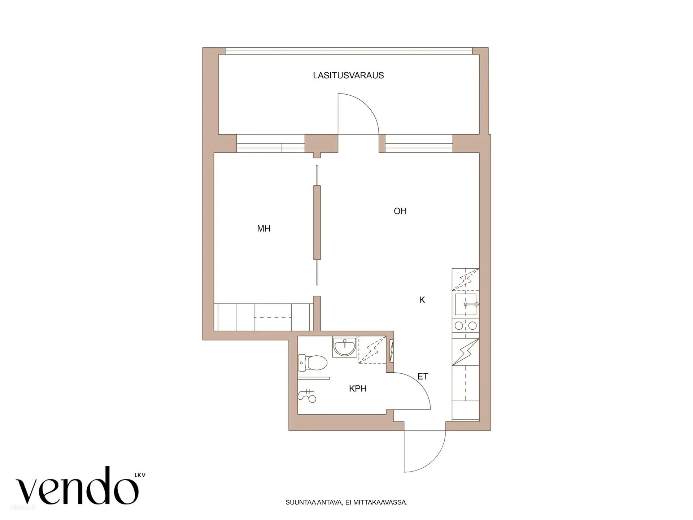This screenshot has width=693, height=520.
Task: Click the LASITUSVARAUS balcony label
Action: pos(348,75)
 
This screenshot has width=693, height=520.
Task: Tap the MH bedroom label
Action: pos(264,229)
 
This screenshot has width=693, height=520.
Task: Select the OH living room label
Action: pos(400,211)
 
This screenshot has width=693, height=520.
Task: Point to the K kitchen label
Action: pos(422,300)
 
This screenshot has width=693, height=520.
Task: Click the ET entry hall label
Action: pos(423,377)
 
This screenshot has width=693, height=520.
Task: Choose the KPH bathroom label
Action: pos(358,389)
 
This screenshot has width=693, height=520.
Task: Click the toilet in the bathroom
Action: pos(312,363)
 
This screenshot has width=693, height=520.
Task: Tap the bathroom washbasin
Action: pos(344,347)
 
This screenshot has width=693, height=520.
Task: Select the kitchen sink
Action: pos(466,304)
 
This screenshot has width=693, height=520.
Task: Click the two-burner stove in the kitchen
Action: pos(466,326)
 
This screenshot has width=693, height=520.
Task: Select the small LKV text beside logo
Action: pos(140,475)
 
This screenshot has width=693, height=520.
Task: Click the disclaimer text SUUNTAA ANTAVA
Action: pos(346,502)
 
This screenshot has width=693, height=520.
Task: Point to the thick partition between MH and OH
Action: pos(317,222)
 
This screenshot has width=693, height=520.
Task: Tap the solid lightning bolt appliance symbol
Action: pos(466,352)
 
